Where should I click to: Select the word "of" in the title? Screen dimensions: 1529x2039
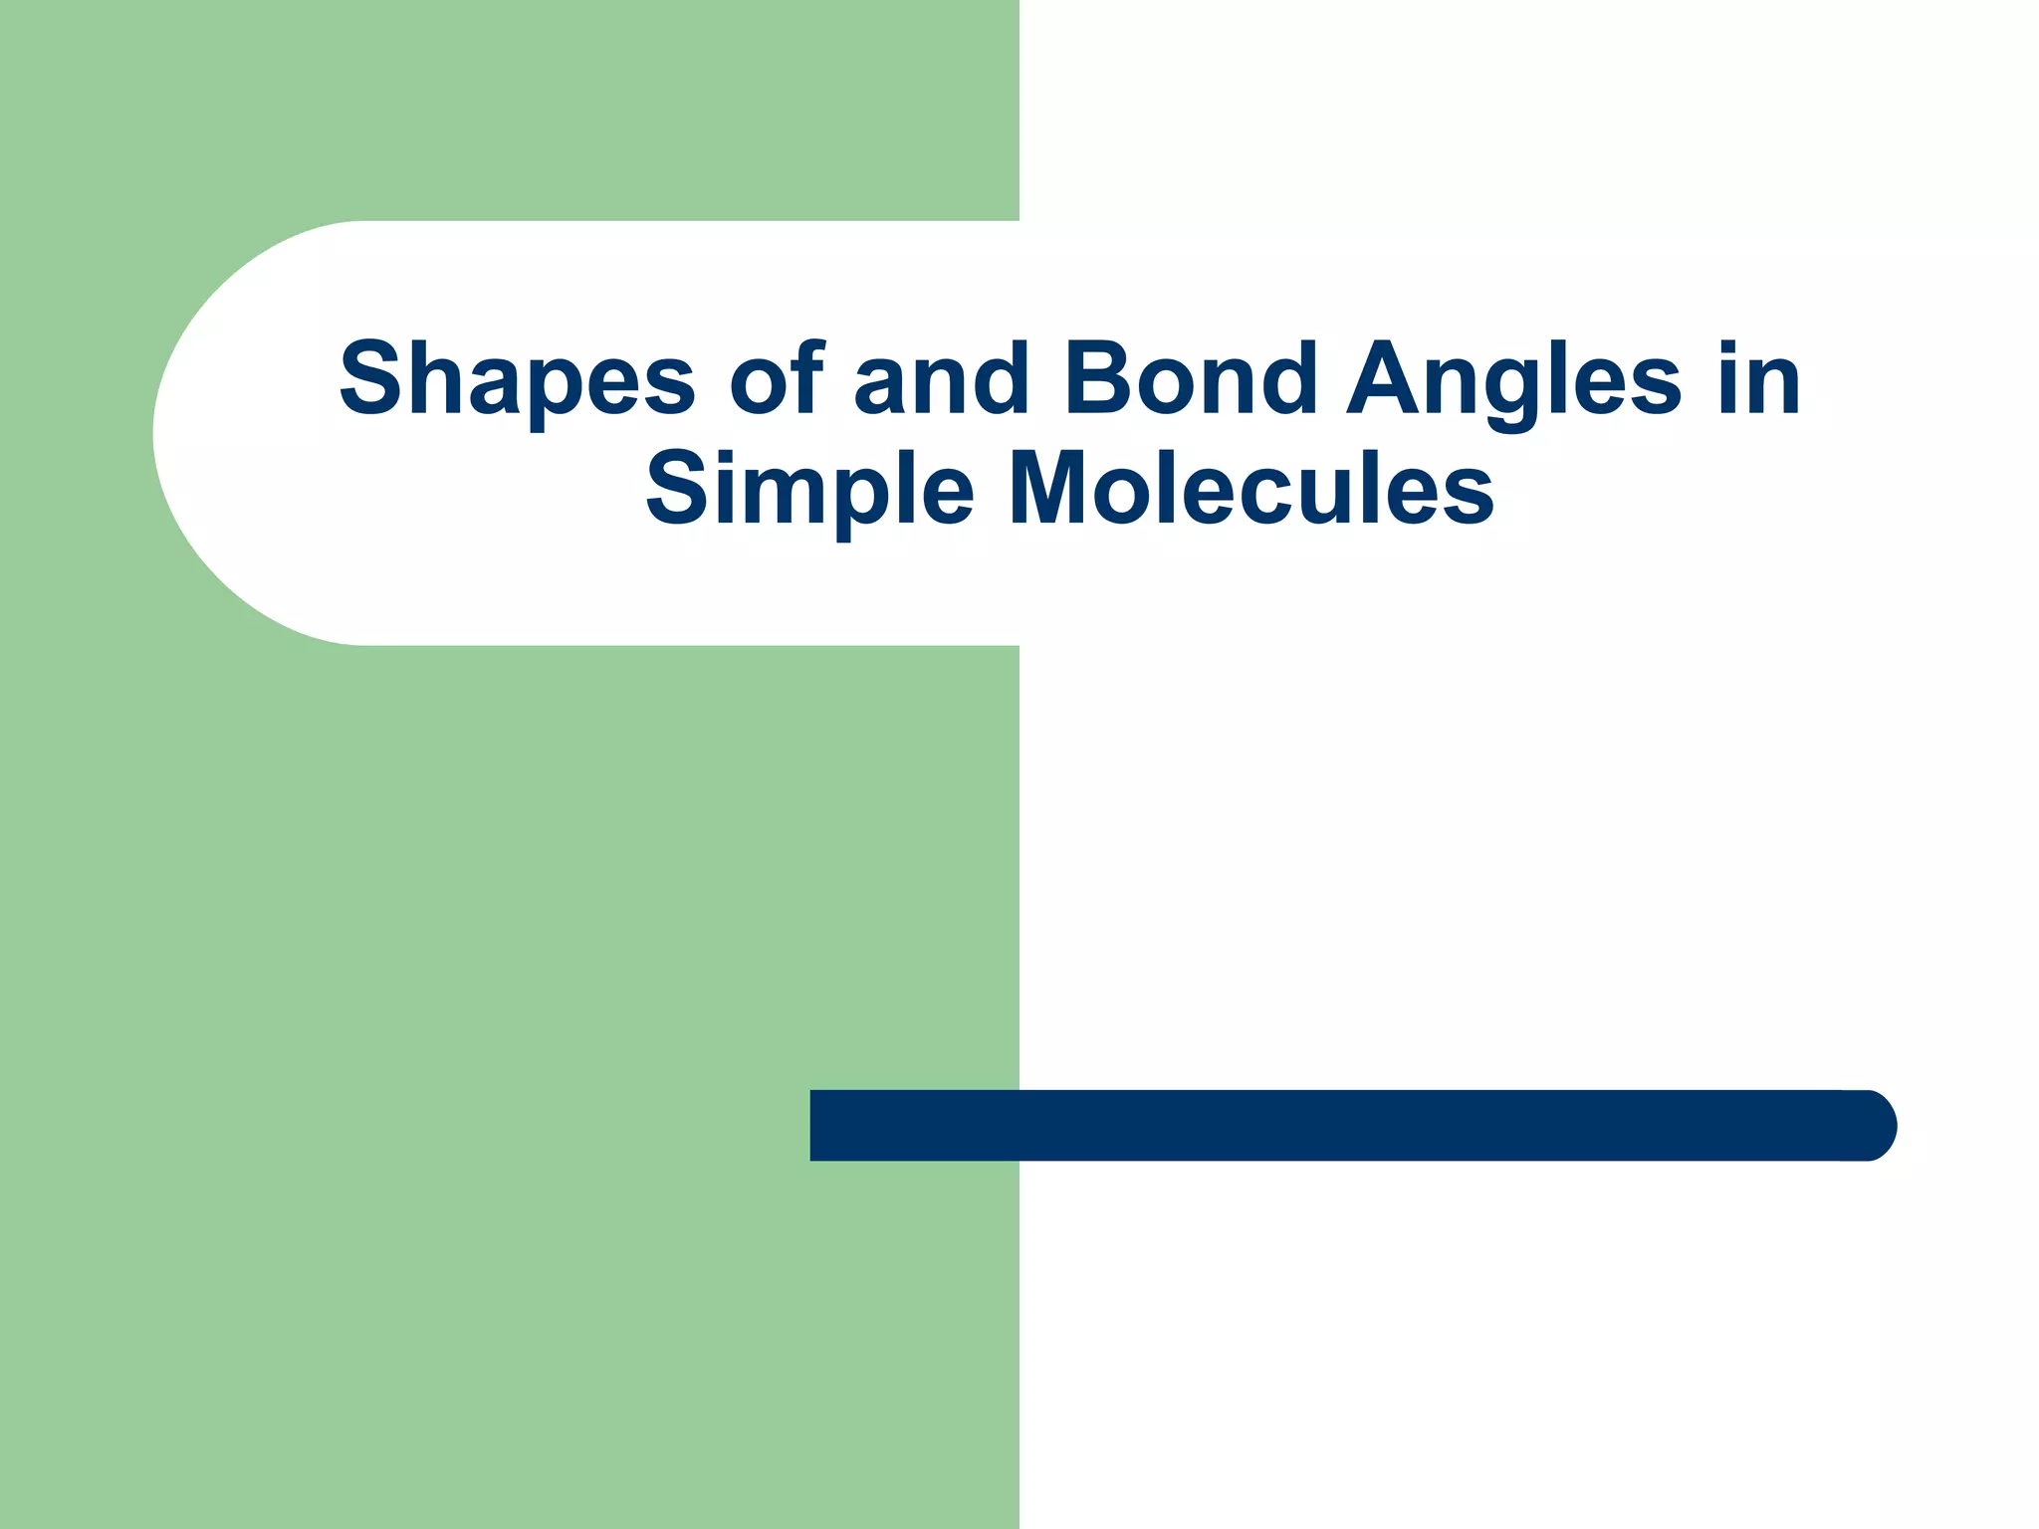click(x=776, y=379)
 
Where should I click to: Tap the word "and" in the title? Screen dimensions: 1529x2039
click(x=942, y=379)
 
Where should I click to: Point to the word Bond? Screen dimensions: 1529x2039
click(x=1191, y=379)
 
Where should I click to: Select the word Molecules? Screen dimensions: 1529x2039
click(x=1250, y=489)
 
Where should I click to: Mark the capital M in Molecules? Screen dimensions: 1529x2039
click(x=1051, y=489)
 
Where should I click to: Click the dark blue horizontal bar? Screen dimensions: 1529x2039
click(x=1344, y=1125)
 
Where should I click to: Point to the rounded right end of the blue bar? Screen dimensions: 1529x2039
click(x=1872, y=1125)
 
